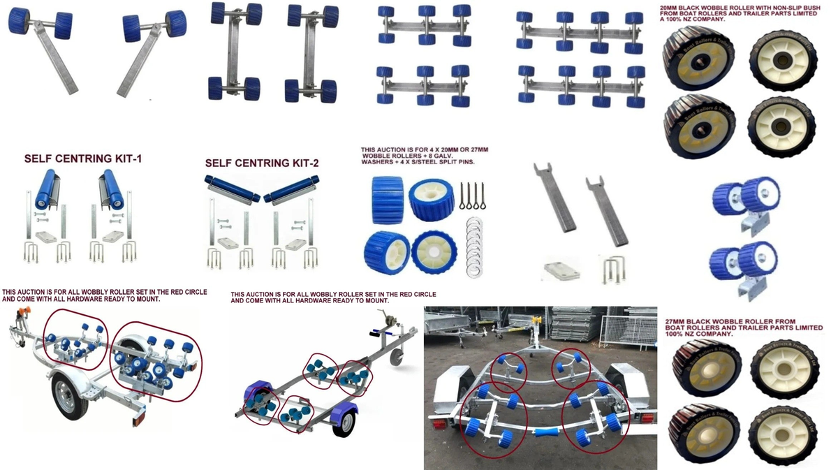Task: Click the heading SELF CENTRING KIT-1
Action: click(82, 159)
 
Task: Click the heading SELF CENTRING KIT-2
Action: click(262, 163)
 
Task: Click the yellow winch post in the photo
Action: click(536, 325)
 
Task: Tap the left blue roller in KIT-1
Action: click(46, 189)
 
